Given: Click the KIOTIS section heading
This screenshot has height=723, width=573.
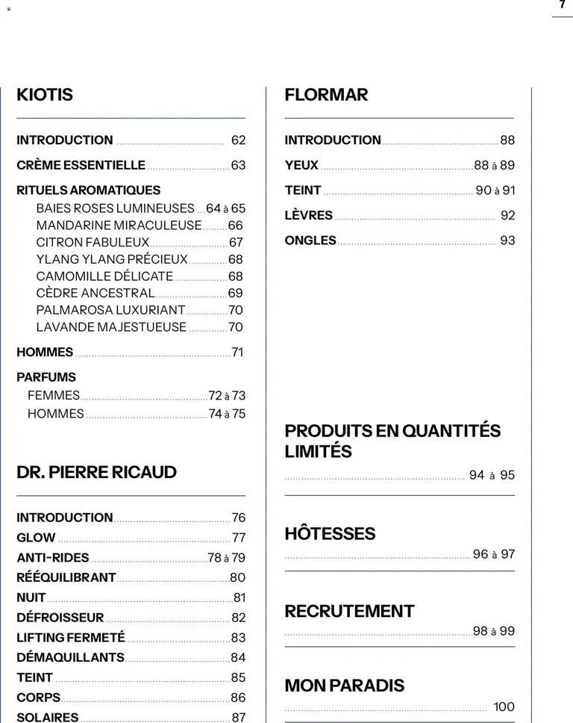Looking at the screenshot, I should (x=45, y=95).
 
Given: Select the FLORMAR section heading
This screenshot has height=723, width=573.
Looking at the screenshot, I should (x=326, y=95).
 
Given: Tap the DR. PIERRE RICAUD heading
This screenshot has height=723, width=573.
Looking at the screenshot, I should (x=96, y=472).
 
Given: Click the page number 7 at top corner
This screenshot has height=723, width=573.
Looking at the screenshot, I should (x=562, y=4).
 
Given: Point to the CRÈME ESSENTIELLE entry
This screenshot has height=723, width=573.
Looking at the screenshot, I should (x=81, y=165).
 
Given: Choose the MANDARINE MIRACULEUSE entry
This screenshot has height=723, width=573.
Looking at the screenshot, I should (x=119, y=225).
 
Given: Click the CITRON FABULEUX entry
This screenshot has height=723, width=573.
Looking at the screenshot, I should (x=93, y=242).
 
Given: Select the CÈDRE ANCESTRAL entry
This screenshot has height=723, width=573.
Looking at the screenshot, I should (x=95, y=293).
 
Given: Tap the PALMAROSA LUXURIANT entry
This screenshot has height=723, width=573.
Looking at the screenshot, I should (x=110, y=310).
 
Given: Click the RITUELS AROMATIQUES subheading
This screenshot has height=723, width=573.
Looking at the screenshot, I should (x=88, y=190).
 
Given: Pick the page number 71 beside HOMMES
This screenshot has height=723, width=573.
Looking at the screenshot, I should (x=237, y=352).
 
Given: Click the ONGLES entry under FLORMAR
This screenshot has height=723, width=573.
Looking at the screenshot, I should (x=310, y=241).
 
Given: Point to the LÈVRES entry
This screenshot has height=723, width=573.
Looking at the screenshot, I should (x=308, y=215).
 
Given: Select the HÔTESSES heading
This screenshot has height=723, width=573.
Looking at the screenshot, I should (x=330, y=534).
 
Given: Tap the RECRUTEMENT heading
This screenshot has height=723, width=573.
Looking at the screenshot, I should (x=349, y=611).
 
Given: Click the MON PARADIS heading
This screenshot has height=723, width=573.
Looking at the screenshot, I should (x=345, y=686).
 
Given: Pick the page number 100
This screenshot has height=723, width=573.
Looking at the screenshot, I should (x=504, y=707).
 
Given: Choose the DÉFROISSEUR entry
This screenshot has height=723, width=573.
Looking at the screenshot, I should (x=60, y=618).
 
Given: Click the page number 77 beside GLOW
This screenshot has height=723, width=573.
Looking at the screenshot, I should (x=239, y=538).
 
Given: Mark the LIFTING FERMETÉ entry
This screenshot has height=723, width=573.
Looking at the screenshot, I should (x=71, y=638).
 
